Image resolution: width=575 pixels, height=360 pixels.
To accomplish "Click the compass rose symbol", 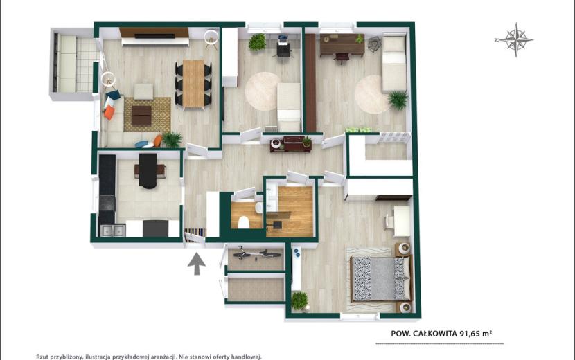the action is pos(515,39).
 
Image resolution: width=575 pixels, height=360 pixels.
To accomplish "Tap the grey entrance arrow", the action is pos(197,263).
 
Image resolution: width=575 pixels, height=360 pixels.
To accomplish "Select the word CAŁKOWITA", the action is pos(435,334).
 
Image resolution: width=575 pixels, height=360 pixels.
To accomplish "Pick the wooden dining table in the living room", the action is pos(193,84).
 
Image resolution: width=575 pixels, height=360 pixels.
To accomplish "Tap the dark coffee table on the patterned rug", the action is pos(141,115).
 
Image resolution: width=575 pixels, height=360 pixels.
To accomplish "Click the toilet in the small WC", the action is pos(243,222).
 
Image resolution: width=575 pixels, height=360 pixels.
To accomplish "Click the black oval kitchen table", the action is pos(148,170).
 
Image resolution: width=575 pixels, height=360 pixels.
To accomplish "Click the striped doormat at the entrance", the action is pos(195,233).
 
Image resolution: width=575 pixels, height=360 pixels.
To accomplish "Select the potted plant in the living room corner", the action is pos(172,140).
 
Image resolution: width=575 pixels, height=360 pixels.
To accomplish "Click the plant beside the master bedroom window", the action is pos(299,300).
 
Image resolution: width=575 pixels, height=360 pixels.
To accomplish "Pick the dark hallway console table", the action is pos(291,143).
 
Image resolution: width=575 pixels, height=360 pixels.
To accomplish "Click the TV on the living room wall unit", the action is pos(154,36).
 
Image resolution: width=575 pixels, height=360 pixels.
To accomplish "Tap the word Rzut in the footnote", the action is pos(42,357).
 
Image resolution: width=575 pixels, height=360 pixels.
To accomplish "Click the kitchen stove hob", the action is pos(107,203).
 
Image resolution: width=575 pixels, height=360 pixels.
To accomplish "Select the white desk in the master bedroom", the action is pos(402,221).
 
